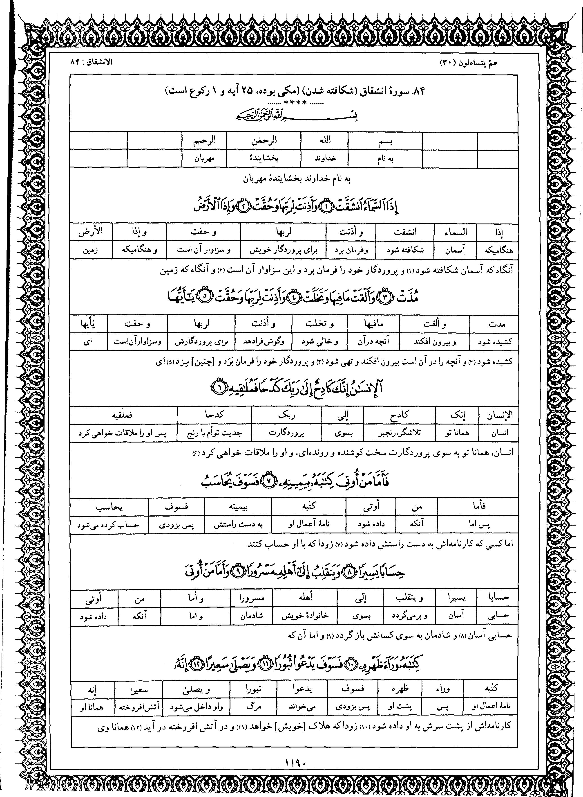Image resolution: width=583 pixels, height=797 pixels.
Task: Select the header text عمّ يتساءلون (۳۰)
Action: pyautogui.click(x=468, y=63)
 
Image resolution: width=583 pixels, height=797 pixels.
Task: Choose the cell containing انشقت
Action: pyautogui.click(x=405, y=232)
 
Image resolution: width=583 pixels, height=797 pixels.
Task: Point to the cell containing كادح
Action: pyautogui.click(x=399, y=415)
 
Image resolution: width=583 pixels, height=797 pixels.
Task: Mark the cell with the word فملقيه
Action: pyautogui.click(x=123, y=415)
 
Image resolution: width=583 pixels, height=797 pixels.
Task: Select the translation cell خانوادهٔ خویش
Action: pyautogui.click(x=305, y=616)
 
